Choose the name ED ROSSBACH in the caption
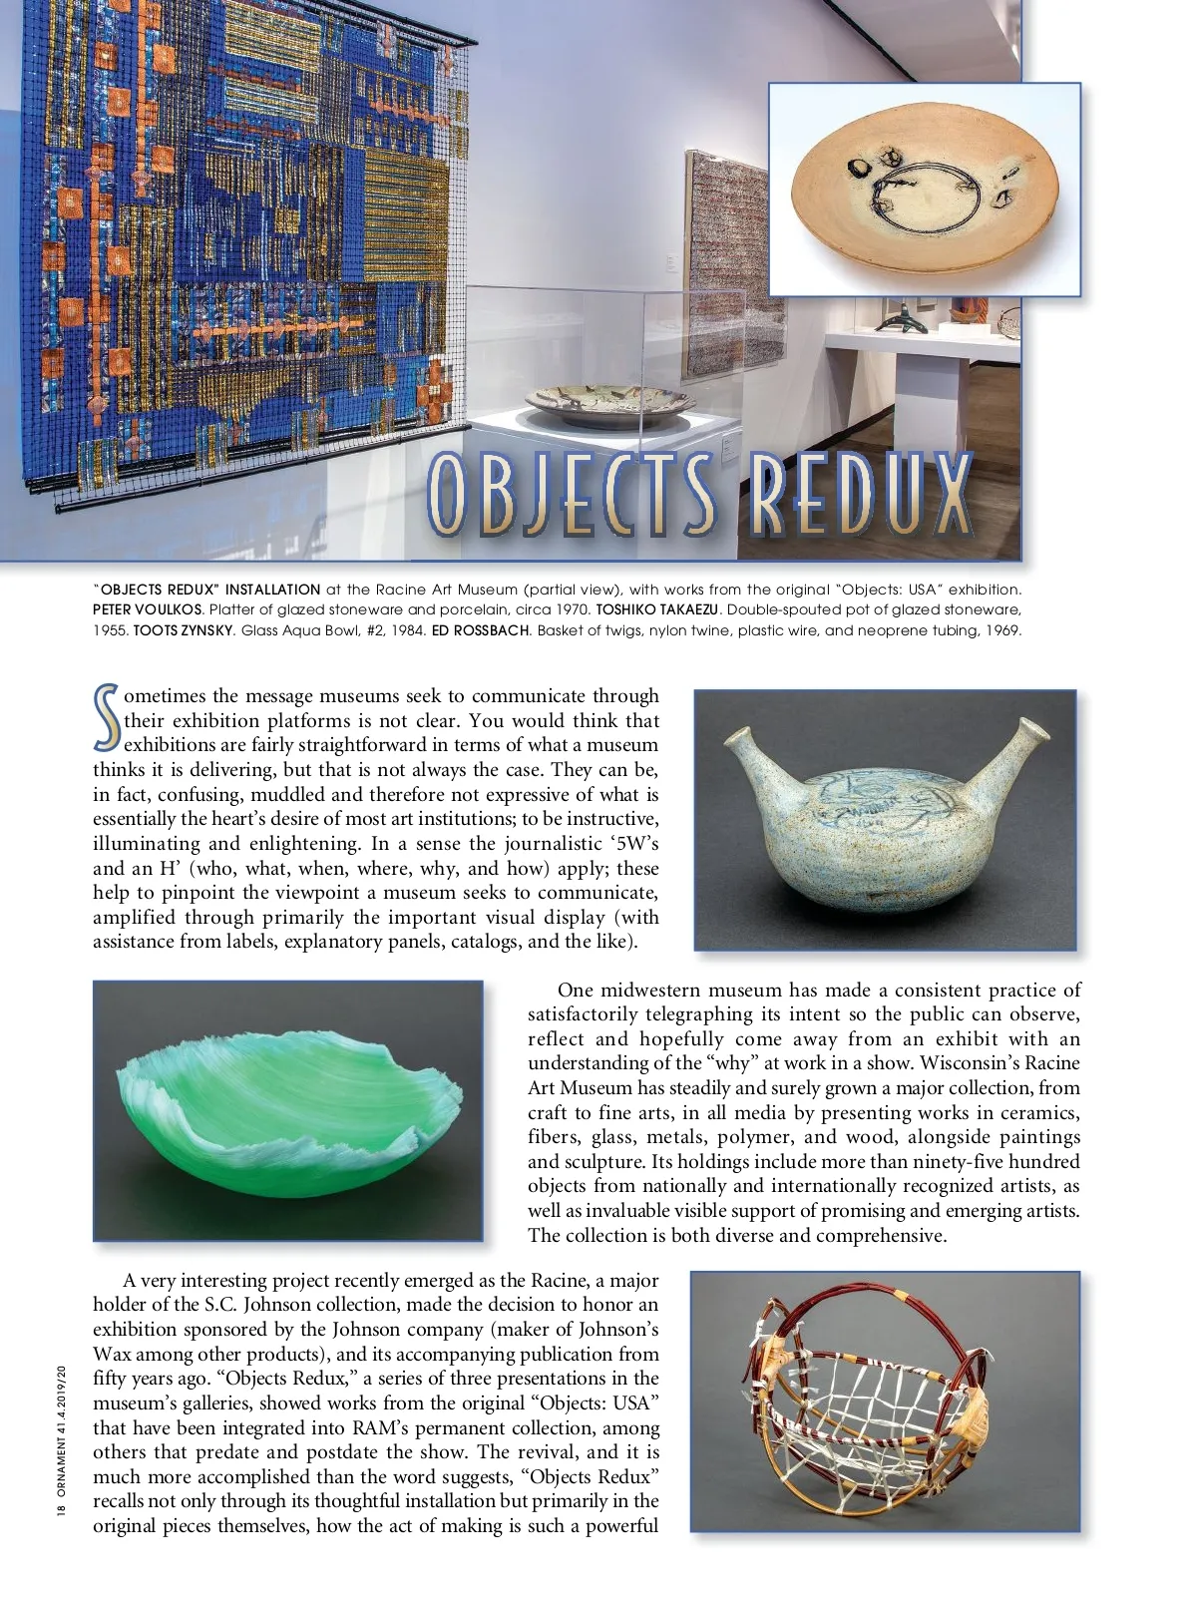474,629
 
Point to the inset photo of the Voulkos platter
924,190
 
